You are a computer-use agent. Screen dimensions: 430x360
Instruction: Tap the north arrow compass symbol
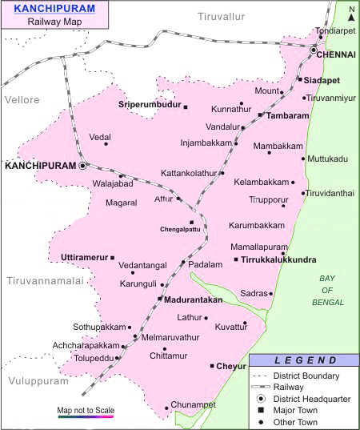350,12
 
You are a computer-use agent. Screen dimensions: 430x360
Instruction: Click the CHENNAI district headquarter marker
314,50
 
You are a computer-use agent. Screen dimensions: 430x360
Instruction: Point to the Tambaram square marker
261,115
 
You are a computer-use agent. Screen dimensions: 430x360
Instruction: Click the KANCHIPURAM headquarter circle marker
82,166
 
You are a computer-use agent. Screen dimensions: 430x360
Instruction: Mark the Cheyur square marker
212,366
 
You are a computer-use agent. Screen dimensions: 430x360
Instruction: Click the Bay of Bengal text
326,290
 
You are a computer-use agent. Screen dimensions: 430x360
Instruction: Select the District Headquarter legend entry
310,398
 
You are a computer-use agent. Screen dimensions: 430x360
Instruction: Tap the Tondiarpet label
334,30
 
